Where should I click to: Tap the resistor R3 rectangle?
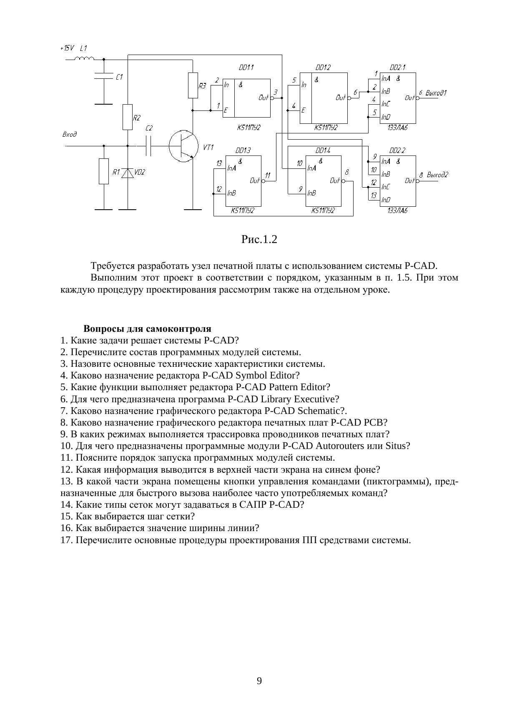tap(193, 85)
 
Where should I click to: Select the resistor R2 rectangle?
tap(128, 117)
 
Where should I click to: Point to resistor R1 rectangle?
tap(104, 171)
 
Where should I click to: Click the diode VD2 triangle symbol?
tap(128, 173)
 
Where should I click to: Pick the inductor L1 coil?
tap(84, 59)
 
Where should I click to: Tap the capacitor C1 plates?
tap(104, 76)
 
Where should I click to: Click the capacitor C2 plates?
tap(149, 146)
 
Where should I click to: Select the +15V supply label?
tap(67, 48)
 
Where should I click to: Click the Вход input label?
tap(69, 134)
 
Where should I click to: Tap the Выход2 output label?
tap(437, 175)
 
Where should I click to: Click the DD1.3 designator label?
tap(243, 150)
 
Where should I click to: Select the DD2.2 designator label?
tap(397, 150)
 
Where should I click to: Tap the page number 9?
tap(259, 681)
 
